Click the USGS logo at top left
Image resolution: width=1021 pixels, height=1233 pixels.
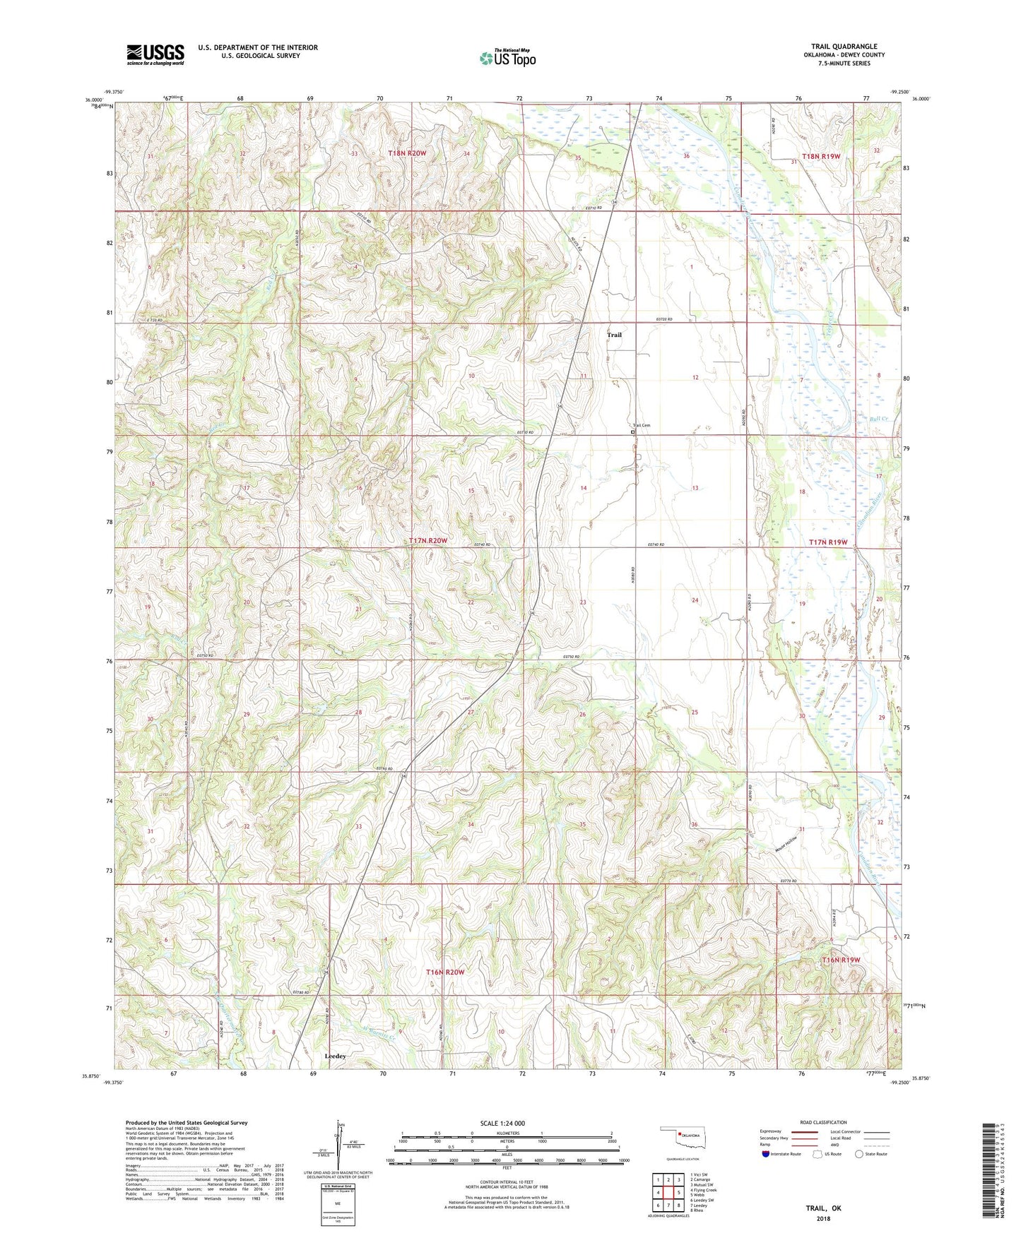155,54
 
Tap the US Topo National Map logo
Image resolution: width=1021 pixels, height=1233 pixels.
507,57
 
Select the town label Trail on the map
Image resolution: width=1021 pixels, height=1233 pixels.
614,335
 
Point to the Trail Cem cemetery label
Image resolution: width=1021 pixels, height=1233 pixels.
641,425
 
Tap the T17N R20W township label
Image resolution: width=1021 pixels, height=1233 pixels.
428,540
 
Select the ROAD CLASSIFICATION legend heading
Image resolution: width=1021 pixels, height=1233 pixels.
824,1122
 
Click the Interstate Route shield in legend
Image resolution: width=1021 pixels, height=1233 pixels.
766,1154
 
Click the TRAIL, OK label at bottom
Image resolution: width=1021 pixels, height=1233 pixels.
823,1208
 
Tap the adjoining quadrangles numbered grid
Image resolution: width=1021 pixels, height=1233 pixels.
668,1193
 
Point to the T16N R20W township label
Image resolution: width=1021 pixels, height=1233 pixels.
445,972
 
